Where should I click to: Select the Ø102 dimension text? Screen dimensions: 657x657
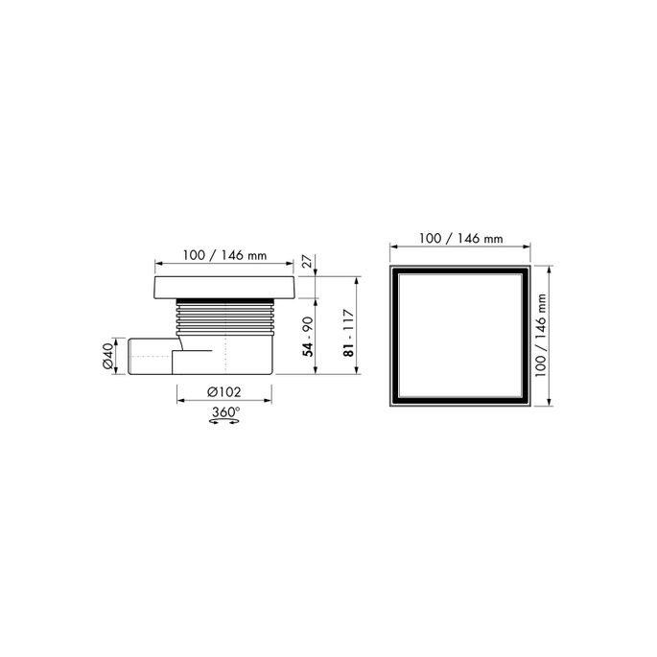tap(223, 392)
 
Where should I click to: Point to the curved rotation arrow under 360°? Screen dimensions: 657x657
tap(223, 423)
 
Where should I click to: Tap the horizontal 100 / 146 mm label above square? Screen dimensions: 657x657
tap(459, 238)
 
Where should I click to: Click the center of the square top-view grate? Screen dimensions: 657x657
tap(459, 337)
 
